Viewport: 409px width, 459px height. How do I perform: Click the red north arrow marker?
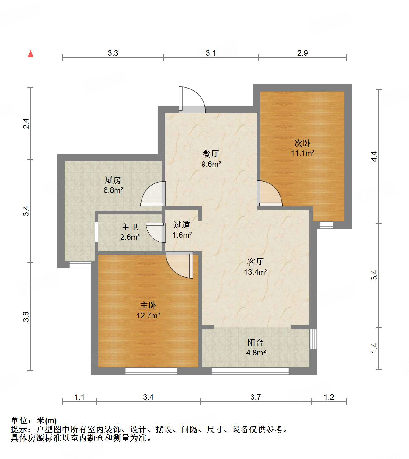30,54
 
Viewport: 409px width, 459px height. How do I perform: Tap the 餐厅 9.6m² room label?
211,158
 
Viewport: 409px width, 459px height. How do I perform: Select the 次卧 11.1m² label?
302,148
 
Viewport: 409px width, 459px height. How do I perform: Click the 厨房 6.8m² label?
113,185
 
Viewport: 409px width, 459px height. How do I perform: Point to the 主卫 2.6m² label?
130,232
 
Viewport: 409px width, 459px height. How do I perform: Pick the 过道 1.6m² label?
182,230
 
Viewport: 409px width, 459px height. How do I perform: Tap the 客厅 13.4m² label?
256,267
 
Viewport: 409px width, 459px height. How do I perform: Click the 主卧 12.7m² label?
148,310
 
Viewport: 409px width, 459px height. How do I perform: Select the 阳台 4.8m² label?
256,347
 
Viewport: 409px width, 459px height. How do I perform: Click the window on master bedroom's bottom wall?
151,371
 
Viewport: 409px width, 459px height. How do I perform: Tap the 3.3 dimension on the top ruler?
113,53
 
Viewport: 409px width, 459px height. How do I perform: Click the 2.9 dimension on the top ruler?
302,53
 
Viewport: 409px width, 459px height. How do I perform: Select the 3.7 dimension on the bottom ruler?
256,397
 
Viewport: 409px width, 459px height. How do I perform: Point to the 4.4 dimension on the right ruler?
374,156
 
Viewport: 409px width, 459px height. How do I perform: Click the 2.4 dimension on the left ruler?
27,123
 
